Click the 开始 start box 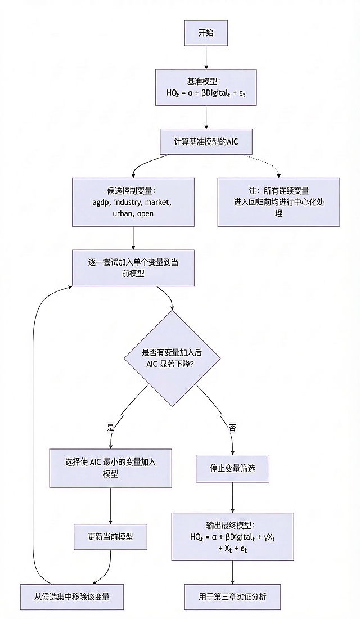point(206,33)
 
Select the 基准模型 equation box point(206,87)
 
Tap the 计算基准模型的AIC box point(206,142)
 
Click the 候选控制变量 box point(133,202)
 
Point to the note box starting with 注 point(278,202)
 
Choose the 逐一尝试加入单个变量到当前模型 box point(133,267)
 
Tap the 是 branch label point(110,427)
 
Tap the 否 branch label point(232,427)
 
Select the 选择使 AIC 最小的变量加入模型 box point(110,468)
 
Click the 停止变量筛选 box point(232,468)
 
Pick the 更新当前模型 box point(110,537)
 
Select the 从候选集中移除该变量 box point(71,596)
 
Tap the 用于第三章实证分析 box point(232,596)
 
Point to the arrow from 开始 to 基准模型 point(206,57)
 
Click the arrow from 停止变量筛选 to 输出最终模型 point(232,497)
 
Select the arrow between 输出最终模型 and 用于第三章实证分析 point(232,572)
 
